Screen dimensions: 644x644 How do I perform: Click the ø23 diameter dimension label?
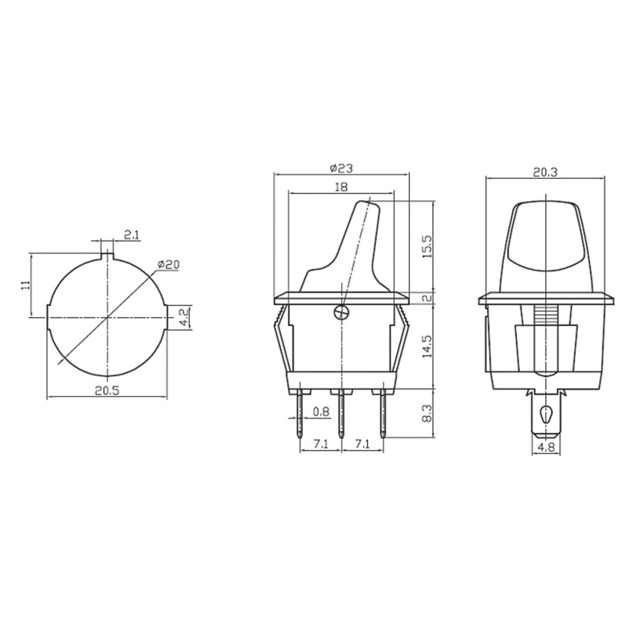[341, 168]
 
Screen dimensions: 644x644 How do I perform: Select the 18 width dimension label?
[341, 187]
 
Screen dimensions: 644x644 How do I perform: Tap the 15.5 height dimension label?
[427, 246]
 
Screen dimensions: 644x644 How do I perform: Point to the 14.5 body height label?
[427, 347]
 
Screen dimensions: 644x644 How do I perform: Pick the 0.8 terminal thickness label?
[321, 411]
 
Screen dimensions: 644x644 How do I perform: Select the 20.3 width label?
[545, 172]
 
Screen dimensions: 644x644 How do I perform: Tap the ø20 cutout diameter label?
[168, 265]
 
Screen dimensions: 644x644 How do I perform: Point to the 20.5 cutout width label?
[107, 390]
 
